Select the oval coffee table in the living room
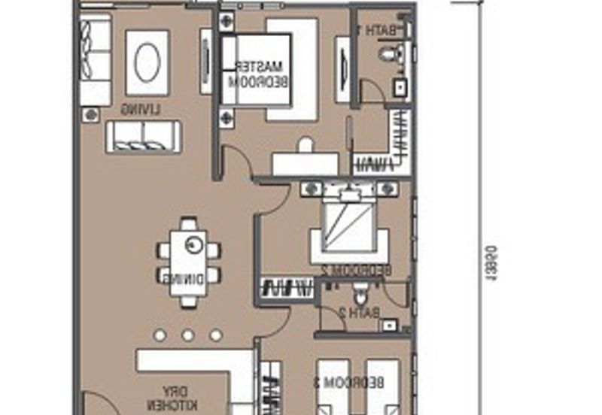[x=147, y=62]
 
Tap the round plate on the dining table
[x=195, y=244]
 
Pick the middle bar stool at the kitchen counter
[x=187, y=335]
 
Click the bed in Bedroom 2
[x=349, y=226]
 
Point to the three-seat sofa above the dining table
[x=143, y=137]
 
